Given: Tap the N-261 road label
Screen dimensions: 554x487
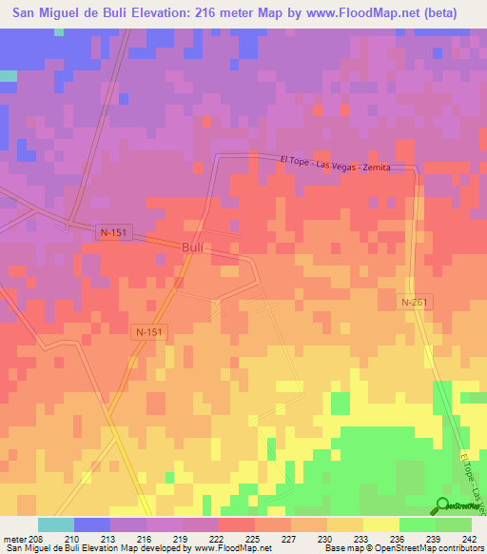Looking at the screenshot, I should (x=413, y=302).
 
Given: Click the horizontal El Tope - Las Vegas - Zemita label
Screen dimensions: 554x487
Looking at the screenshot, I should (x=348, y=165).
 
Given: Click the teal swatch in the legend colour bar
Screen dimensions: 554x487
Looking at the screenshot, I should (x=55, y=524).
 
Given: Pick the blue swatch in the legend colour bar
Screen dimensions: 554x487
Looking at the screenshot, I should (x=91, y=524).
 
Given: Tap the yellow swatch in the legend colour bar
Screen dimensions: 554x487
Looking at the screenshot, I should (x=380, y=524).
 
